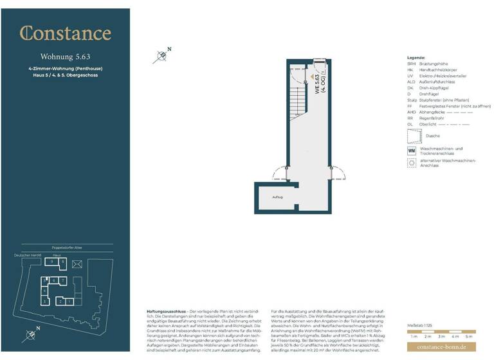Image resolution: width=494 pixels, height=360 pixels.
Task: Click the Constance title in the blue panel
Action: (65, 33)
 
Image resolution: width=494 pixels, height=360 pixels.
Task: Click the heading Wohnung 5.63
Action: (65, 56)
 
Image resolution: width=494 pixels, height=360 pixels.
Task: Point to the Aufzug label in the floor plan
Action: (277, 197)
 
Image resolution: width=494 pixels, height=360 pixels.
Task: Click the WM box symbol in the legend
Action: (412, 150)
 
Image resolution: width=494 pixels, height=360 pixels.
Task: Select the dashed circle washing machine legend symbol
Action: (412, 163)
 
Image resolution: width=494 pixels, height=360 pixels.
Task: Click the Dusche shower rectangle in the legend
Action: (412, 136)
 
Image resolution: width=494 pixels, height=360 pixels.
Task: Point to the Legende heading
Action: (416, 58)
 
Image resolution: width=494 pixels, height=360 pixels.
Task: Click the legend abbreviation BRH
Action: (412, 64)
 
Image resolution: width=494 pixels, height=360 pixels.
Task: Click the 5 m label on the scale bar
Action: (469, 336)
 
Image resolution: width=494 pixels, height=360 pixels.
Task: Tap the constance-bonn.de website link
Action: (441, 348)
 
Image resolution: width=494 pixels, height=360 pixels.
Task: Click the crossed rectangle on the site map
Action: (78, 264)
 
